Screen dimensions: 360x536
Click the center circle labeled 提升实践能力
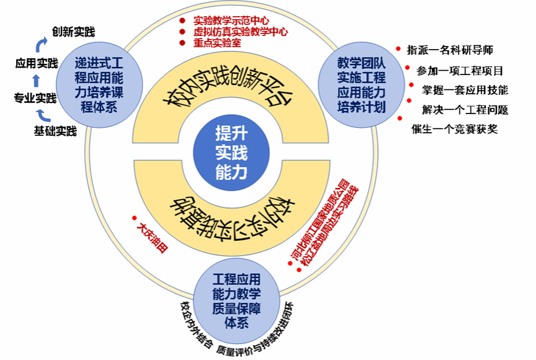tap(231, 151)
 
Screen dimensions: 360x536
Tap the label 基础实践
tap(55, 131)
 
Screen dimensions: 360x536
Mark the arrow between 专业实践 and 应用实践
tap(35, 80)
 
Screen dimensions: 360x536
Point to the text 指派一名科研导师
tap(450, 50)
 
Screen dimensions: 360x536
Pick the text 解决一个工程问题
tap(465, 110)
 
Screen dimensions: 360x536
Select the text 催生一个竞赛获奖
tap(454, 129)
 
